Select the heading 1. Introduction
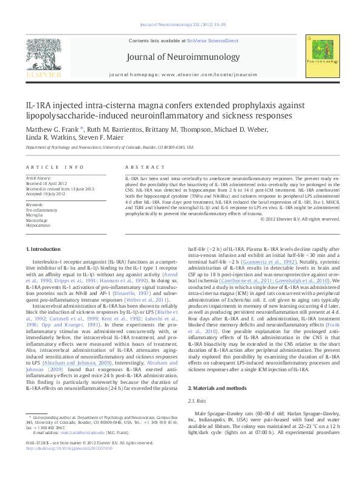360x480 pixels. click(47, 250)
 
